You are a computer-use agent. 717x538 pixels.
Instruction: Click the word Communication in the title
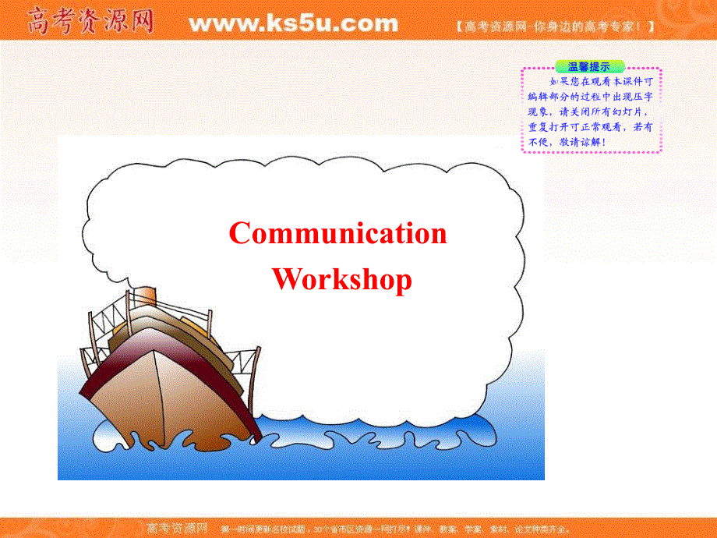tap(338, 233)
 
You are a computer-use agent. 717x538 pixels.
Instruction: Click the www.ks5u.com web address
tap(293, 23)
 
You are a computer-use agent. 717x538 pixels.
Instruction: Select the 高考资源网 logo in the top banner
tap(90, 23)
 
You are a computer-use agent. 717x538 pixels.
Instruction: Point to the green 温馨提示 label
tap(589, 66)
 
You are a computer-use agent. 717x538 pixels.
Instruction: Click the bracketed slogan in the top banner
tap(553, 26)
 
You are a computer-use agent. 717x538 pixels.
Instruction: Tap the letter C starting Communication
tap(239, 233)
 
